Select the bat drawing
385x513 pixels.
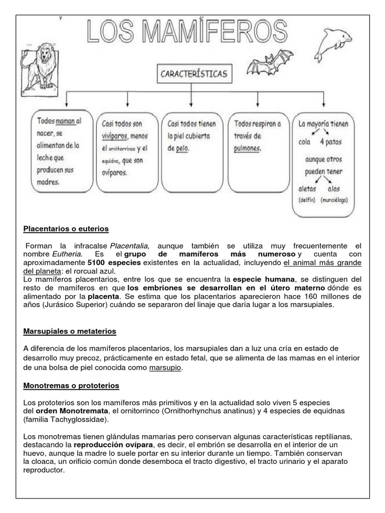coord(269,63)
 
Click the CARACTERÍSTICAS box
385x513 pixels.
coord(194,75)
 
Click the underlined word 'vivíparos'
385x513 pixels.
coord(115,136)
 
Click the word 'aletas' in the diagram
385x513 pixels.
coord(307,189)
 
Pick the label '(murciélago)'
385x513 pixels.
coord(334,200)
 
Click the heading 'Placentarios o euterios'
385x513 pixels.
coord(66,229)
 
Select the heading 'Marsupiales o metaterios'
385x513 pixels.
coord(70,331)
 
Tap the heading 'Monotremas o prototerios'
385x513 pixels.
coord(71,386)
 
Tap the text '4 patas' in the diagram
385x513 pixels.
coord(331,141)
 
